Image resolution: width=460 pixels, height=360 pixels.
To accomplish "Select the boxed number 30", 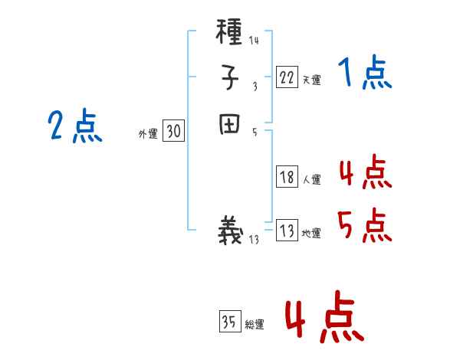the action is (173, 132).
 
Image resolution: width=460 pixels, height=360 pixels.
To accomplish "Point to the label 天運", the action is (311, 80).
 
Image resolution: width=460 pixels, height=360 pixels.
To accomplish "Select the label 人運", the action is (311, 181).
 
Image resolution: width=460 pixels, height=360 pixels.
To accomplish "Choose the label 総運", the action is (255, 326).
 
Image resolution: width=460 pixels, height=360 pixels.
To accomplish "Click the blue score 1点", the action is (364, 74).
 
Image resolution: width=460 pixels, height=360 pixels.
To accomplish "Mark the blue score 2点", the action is (75, 126).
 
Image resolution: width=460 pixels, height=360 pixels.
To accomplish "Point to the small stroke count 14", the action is (254, 41).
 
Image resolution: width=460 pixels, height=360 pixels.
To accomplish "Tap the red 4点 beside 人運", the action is (365, 173).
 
